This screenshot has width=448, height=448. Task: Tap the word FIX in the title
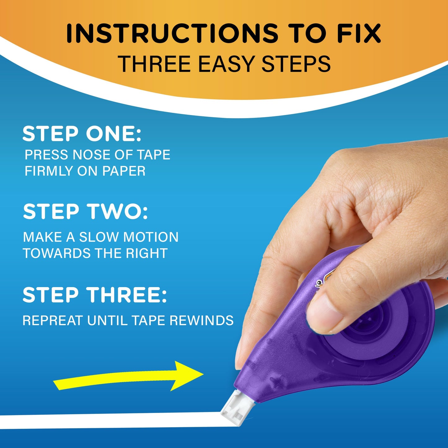pyautogui.click(x=359, y=33)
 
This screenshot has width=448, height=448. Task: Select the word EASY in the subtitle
pyautogui.click(x=226, y=64)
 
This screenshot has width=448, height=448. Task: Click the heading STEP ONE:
pyautogui.click(x=82, y=134)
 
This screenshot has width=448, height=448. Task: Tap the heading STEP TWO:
pyautogui.click(x=86, y=212)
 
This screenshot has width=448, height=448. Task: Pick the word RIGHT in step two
pyautogui.click(x=147, y=253)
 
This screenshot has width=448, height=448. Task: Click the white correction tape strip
pyautogui.click(x=109, y=421)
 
